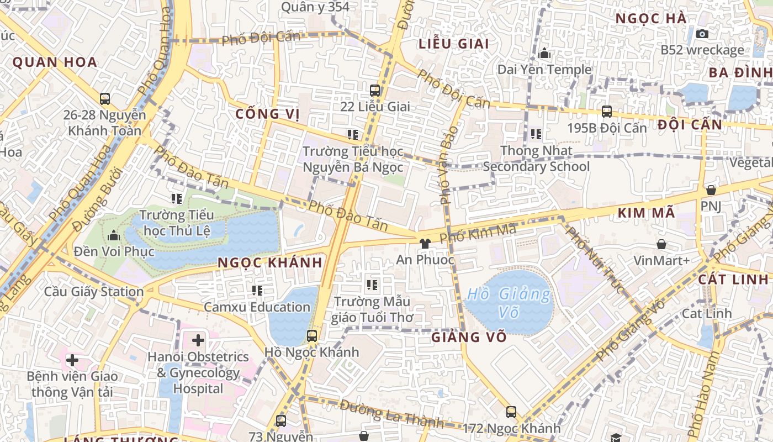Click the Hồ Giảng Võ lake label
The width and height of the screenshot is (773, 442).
pos(509,303)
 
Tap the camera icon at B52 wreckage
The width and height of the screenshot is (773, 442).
pos(702,34)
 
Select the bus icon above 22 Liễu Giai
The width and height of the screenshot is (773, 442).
pos(375,90)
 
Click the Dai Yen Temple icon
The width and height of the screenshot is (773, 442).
pos(544,53)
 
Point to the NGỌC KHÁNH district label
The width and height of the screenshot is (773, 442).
pos(269,263)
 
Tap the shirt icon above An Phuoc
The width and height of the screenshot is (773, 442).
pos(425,243)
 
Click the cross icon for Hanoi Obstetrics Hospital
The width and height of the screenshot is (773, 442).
pos(198,340)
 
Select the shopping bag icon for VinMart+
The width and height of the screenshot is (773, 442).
pos(661,244)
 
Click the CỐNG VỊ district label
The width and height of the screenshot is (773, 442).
pos(267,114)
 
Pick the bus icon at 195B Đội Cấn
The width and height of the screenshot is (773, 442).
pos(606,112)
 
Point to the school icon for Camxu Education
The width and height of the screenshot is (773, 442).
pos(257,290)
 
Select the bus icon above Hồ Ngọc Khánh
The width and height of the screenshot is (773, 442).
pos(312,335)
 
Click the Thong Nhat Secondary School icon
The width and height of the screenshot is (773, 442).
pos(536,134)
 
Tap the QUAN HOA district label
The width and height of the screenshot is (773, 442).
pos(55,62)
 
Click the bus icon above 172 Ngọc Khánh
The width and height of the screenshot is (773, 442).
pos(511,412)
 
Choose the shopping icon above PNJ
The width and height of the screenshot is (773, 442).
pos(711,190)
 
